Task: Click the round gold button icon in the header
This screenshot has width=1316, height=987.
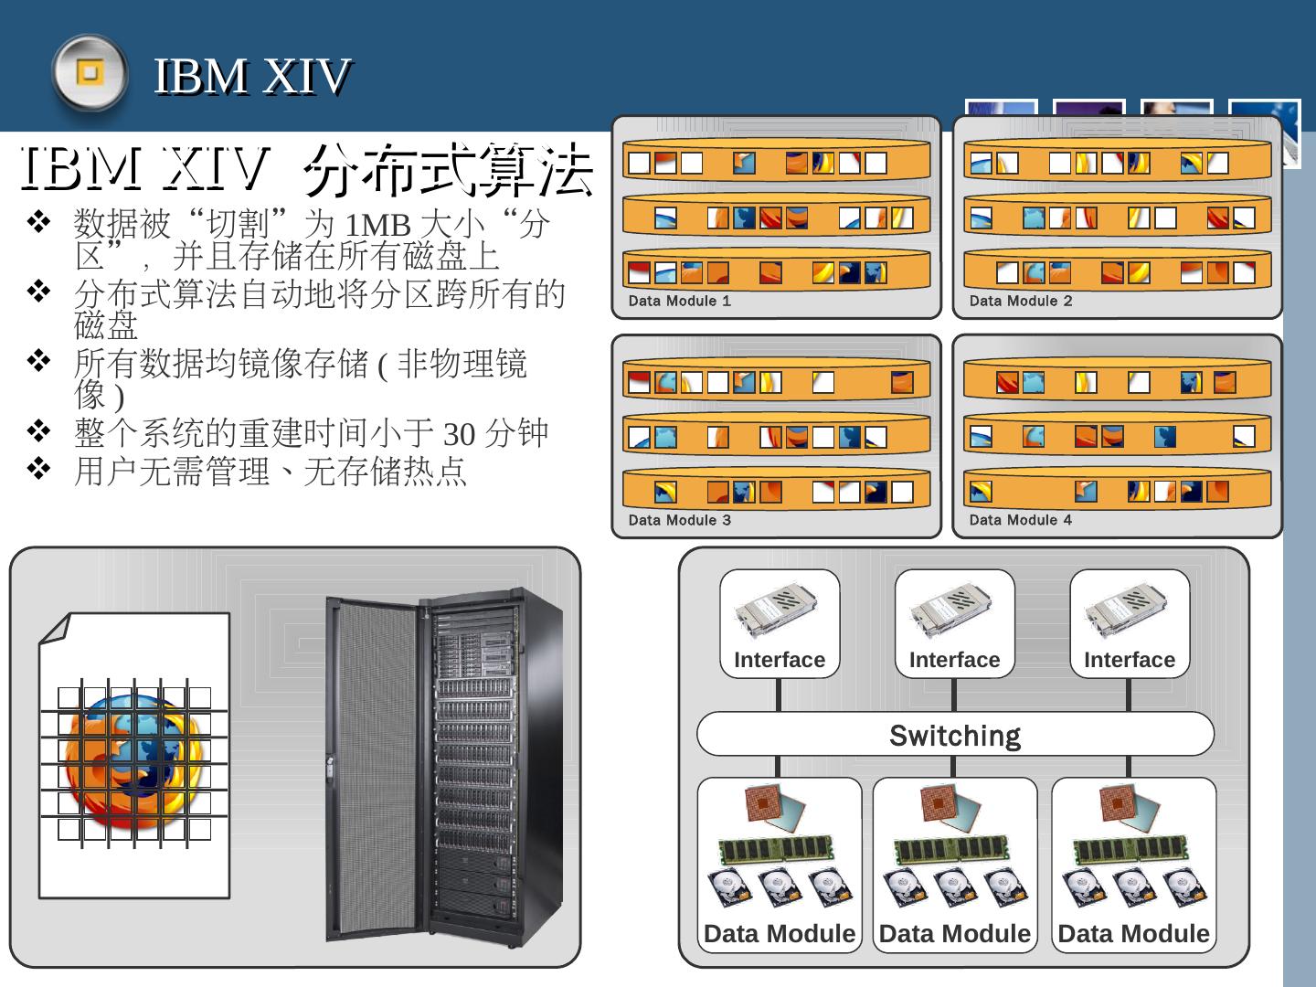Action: tap(89, 72)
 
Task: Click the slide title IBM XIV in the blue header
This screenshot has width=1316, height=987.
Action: tap(252, 75)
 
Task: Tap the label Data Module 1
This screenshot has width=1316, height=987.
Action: tap(679, 301)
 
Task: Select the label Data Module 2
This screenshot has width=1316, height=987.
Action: tap(1020, 301)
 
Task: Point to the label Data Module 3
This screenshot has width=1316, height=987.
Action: tap(679, 520)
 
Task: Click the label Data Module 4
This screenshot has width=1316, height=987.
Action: tap(1020, 520)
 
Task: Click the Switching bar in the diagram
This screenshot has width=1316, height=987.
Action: tap(955, 735)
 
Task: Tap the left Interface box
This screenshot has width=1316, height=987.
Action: tap(780, 623)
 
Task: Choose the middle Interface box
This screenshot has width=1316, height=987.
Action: tap(954, 623)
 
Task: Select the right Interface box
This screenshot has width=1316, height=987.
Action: tap(1130, 623)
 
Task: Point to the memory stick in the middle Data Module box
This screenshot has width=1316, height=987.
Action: tap(951, 851)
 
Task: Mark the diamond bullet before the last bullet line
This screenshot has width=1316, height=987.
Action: tap(38, 470)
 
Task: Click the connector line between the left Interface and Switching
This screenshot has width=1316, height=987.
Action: tap(779, 695)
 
